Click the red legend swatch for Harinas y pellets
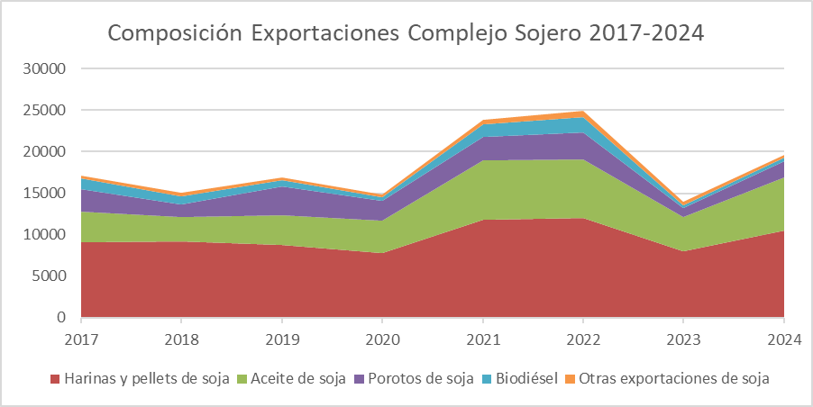click(55, 379)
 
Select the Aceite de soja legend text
click(298, 379)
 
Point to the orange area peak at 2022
click(582, 113)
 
